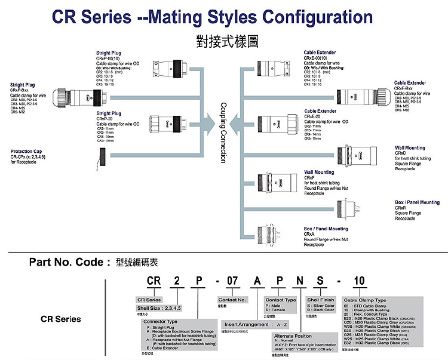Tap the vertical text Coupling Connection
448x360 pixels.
[223, 132]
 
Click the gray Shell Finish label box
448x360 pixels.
[321, 300]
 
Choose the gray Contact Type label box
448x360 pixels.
[281, 300]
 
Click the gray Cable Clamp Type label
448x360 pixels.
[364, 300]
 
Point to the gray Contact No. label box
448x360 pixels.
[232, 300]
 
